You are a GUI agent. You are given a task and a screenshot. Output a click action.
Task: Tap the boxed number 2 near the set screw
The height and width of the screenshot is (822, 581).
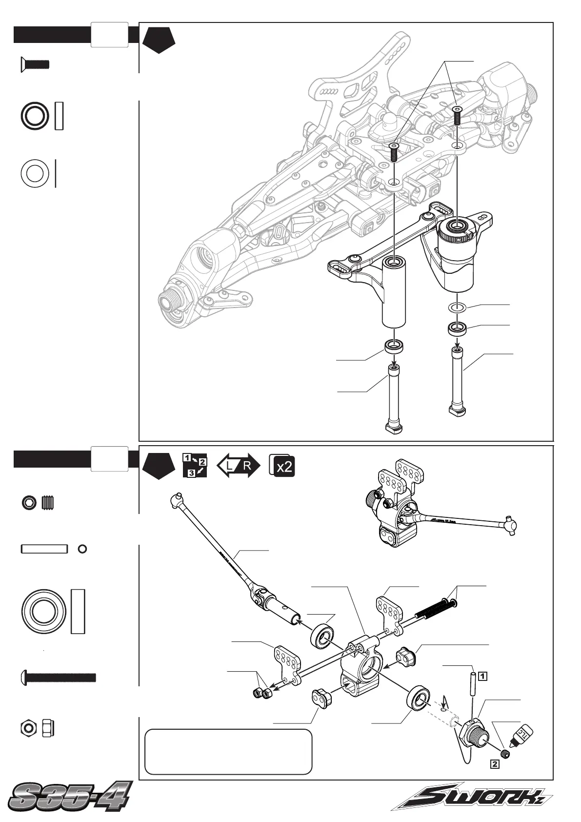click(x=494, y=764)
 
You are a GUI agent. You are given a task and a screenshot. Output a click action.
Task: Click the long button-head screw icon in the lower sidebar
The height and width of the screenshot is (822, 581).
click(x=59, y=677)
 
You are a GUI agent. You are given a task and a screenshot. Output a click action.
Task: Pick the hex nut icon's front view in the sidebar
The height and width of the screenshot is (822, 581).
click(x=29, y=728)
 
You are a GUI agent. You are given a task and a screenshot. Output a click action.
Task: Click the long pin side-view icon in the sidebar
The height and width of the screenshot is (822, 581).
click(x=44, y=549)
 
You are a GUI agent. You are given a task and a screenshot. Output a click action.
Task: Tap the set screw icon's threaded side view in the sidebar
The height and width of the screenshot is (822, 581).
click(x=47, y=502)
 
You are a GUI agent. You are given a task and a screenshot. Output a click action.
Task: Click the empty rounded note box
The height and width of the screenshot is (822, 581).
click(x=228, y=751)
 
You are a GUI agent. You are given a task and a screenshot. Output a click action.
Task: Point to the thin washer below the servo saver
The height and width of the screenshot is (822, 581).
click(x=457, y=308)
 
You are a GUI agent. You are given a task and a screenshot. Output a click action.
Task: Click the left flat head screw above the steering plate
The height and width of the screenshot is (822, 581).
click(x=394, y=153)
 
